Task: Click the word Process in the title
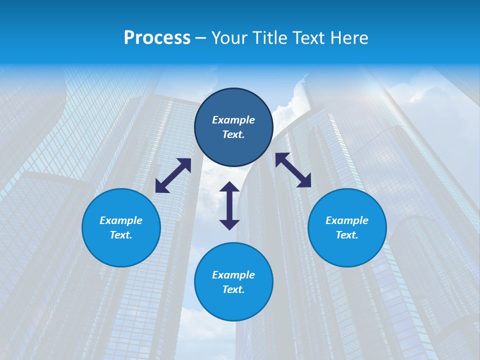point(157,38)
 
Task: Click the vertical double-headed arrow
point(229,205)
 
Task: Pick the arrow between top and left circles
point(173,175)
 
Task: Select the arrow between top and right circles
point(293,170)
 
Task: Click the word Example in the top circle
point(233,120)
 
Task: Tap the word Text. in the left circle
point(121,235)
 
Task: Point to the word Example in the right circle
point(347,220)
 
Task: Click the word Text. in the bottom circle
point(233,289)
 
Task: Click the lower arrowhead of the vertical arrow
point(229,224)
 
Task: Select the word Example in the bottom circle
point(233,275)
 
